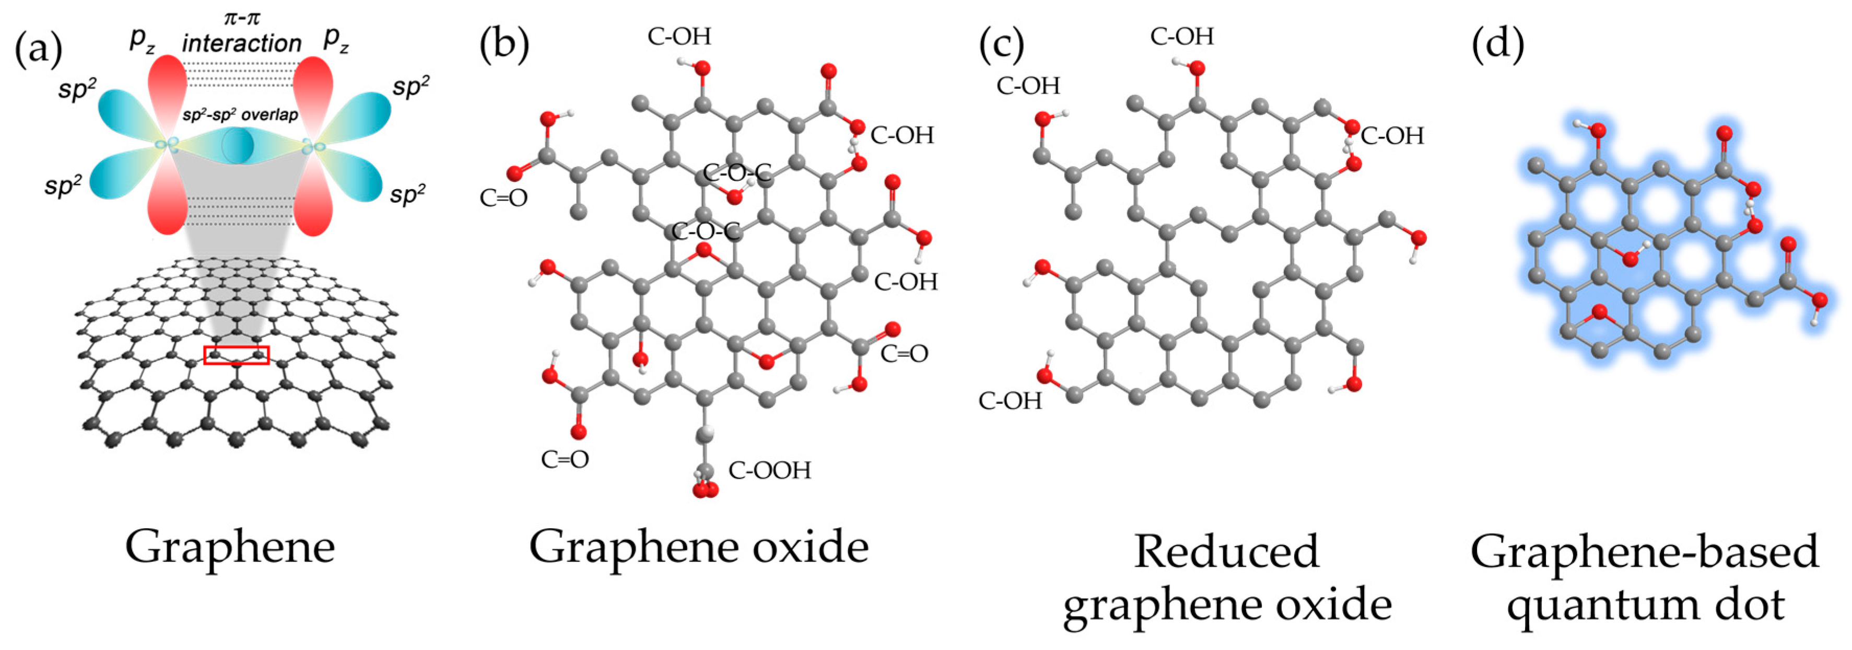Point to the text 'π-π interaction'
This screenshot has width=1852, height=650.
242,32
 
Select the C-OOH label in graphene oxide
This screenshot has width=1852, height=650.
769,470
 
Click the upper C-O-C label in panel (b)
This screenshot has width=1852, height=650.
736,172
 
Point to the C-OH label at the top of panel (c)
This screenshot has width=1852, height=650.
1181,36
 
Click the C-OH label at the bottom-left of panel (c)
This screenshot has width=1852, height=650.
1010,400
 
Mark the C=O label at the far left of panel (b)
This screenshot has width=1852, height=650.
503,198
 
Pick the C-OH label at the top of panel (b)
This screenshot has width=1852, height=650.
678,36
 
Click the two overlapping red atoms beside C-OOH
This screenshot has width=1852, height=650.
705,491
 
